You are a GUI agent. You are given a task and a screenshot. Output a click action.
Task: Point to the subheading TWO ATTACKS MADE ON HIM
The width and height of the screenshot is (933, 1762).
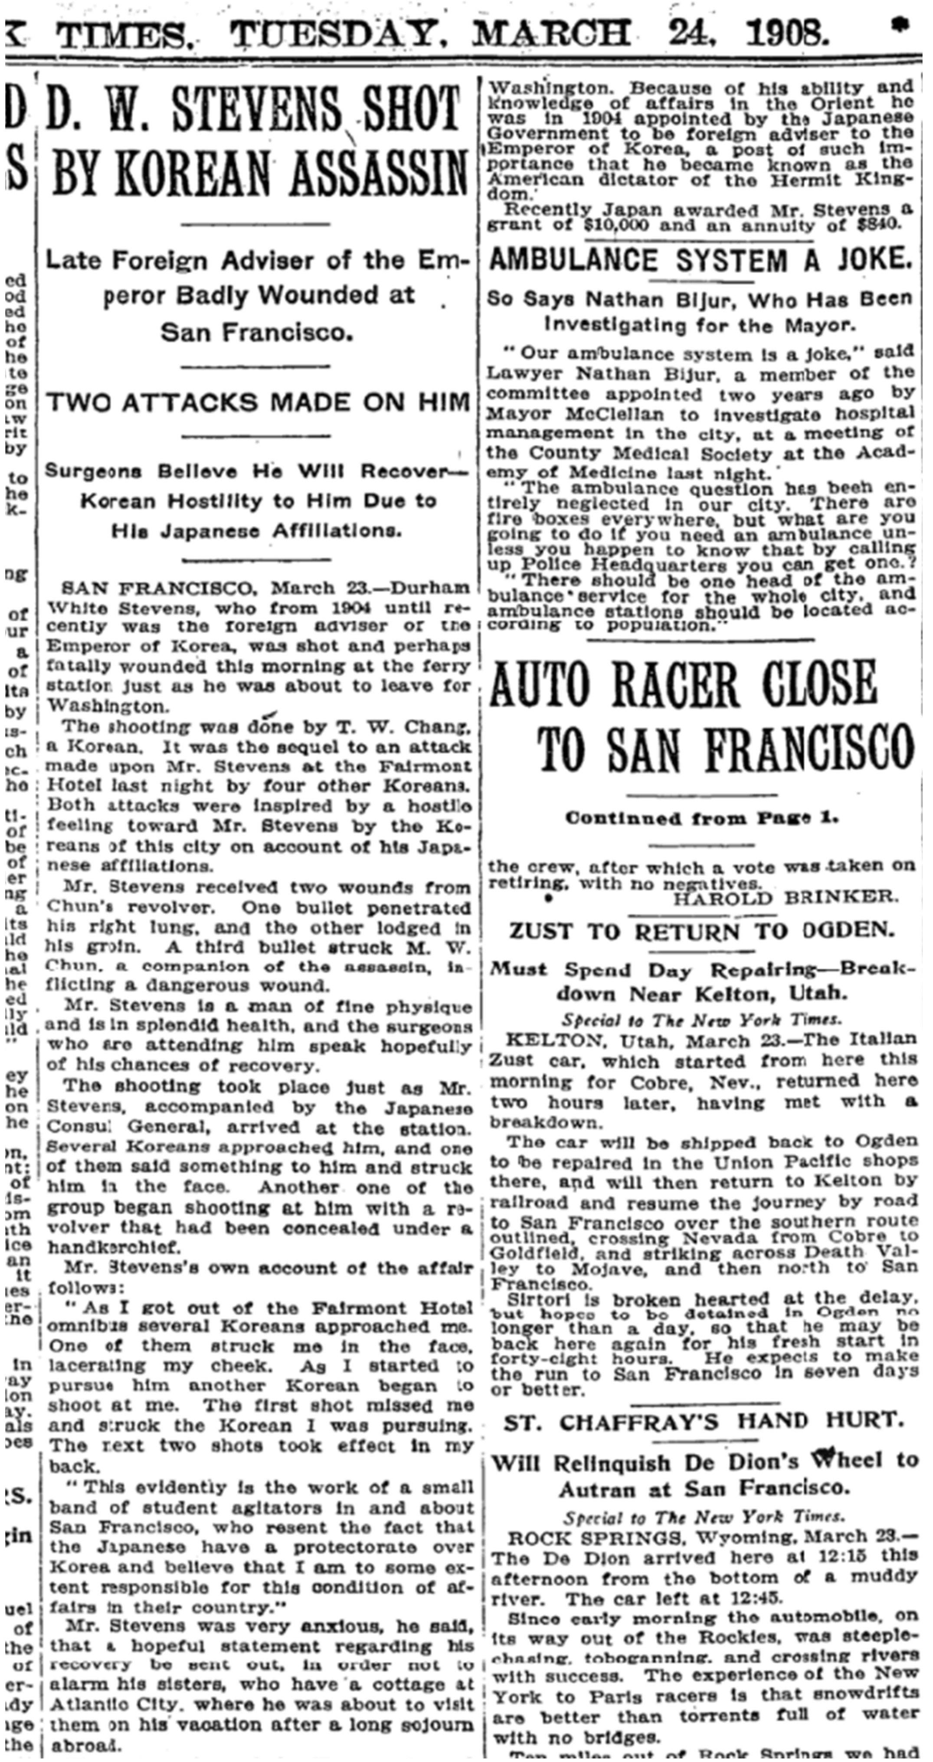click(x=258, y=402)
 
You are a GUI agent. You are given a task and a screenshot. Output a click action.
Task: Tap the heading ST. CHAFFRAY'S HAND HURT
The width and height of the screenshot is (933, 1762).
click(x=703, y=1422)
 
